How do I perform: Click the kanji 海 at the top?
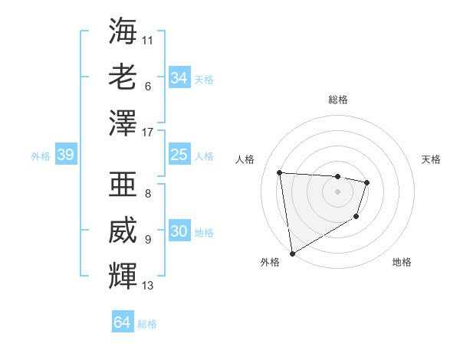click(123, 32)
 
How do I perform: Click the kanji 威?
click(123, 229)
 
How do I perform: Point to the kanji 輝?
click(123, 273)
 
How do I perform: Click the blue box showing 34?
click(179, 77)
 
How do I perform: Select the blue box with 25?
click(179, 155)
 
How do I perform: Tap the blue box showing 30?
click(179, 231)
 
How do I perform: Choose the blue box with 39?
click(65, 155)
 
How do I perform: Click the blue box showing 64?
click(123, 322)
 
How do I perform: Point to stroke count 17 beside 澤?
click(148, 133)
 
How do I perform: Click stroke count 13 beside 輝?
click(148, 286)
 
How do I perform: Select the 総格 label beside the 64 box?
click(147, 324)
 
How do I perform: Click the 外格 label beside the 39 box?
click(41, 156)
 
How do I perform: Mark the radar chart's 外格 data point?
click(291, 253)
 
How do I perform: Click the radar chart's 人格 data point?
click(280, 172)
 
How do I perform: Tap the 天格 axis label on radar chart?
click(431, 159)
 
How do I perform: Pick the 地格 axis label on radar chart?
click(402, 262)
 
